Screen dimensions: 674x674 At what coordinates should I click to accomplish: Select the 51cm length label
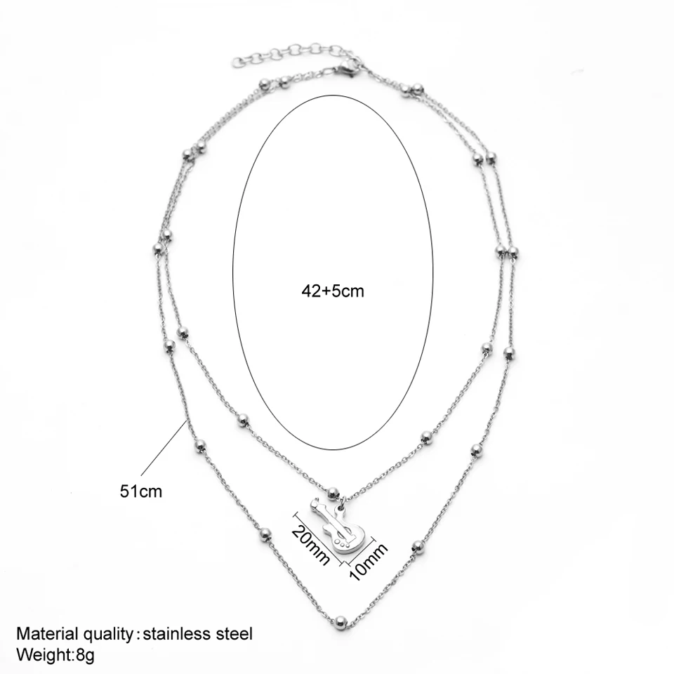(x=140, y=491)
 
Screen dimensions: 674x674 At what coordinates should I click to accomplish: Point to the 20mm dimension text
(x=310, y=541)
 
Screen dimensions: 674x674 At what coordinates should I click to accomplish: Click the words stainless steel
(x=197, y=634)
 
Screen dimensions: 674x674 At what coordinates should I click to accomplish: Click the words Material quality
(x=74, y=634)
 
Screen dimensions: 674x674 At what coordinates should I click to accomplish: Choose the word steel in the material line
(x=233, y=634)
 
